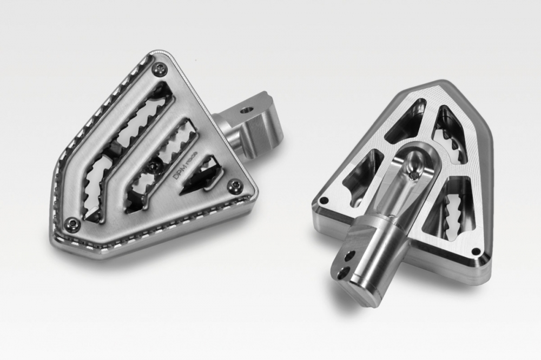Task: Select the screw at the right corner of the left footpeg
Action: click(234, 186)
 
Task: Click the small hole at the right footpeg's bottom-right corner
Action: click(476, 251)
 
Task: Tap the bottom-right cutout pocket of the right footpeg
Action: click(449, 211)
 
